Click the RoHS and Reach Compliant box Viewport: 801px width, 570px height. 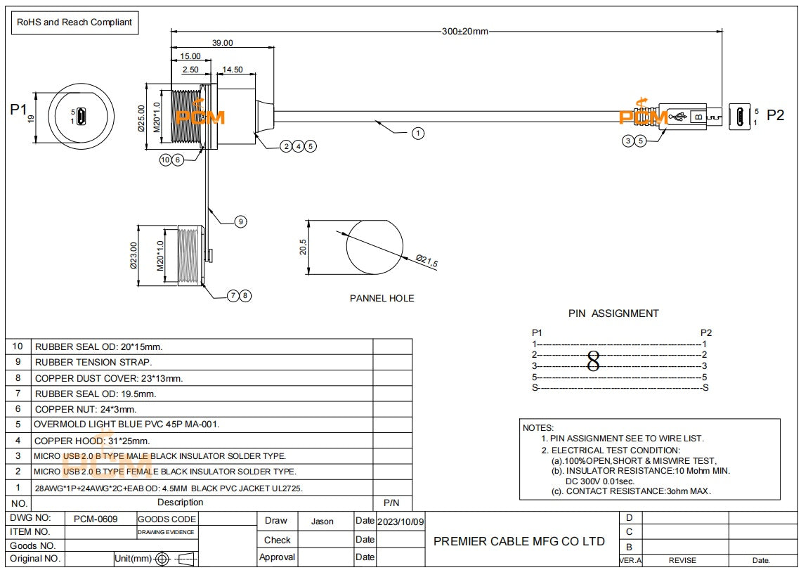(74, 22)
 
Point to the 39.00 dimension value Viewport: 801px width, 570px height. (223, 43)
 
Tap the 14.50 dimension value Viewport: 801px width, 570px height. (232, 70)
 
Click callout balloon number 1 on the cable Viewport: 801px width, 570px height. (417, 132)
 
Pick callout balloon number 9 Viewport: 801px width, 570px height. (240, 221)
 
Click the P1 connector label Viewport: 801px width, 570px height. (18, 110)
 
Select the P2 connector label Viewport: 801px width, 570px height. (775, 116)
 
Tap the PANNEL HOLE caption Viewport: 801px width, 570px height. (382, 298)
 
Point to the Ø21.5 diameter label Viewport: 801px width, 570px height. (426, 261)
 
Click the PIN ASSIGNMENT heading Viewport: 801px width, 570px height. (613, 313)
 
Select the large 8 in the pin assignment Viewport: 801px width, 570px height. (593, 361)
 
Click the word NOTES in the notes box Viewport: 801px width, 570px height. (538, 427)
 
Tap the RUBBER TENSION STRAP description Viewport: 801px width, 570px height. (93, 362)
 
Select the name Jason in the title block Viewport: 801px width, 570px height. (322, 522)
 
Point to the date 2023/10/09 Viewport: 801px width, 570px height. (400, 522)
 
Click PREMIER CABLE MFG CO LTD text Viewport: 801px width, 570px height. (519, 541)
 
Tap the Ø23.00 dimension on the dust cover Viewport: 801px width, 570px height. (134, 255)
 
